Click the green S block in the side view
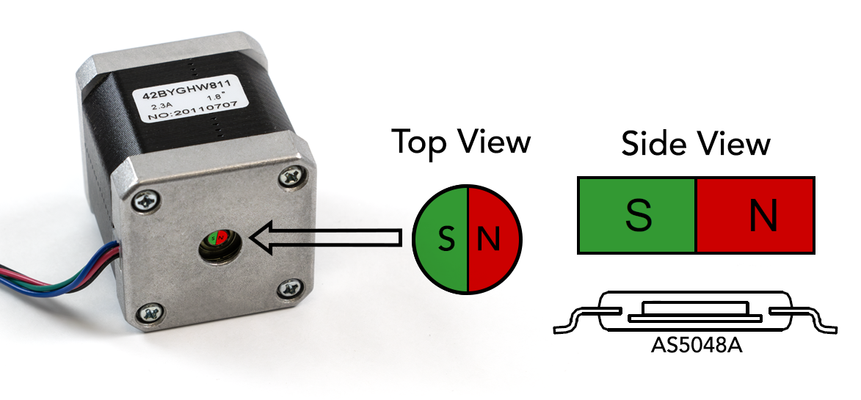coord(637,215)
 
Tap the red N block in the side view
coord(755,215)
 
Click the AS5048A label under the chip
coord(697,345)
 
